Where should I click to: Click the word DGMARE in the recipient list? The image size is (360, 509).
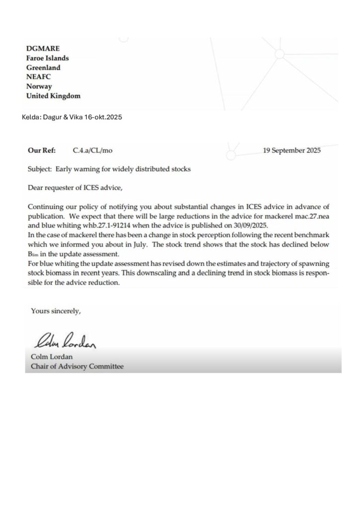[43, 48]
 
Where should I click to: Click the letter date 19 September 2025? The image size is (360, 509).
[291, 150]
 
